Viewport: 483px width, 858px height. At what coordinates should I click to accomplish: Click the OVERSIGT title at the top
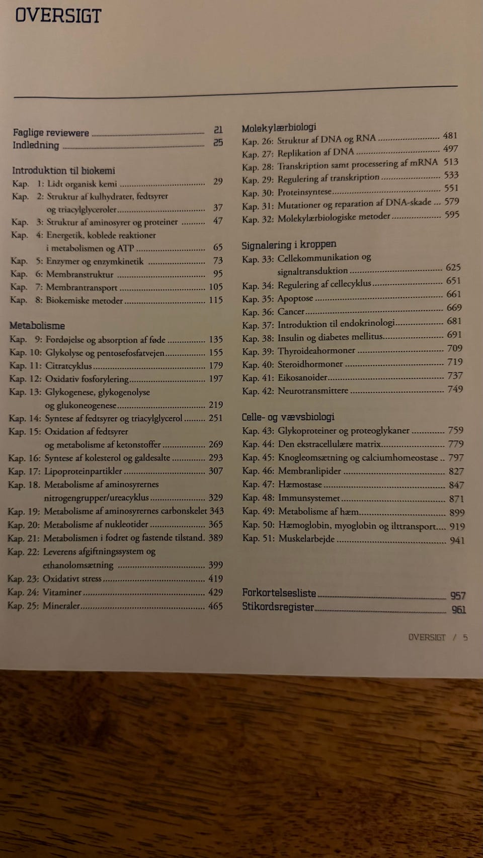pos(58,16)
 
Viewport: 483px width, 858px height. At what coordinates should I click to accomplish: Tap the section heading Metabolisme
pos(37,326)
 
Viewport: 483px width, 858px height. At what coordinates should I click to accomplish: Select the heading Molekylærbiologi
pos(279,127)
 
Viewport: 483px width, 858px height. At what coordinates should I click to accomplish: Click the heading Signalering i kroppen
pos(289,245)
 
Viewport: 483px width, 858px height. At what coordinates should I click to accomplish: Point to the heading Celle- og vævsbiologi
pos(288,417)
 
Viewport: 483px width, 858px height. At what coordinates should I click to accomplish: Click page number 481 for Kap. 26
pos(450,135)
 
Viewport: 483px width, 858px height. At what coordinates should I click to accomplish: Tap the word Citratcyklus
pos(68,366)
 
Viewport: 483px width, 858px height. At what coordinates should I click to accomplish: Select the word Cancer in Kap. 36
pos(291,312)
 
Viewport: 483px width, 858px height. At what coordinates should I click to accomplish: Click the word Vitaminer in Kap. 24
pos(62,592)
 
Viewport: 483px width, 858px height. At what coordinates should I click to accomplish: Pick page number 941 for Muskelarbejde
pos(457,540)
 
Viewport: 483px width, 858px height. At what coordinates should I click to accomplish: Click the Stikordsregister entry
pos(278,607)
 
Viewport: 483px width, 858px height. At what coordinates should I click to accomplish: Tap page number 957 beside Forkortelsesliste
pos(458,596)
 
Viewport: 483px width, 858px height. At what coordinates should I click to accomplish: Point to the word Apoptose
pos(295,298)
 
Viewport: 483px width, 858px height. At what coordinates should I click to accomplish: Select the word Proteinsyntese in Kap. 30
pos(304,192)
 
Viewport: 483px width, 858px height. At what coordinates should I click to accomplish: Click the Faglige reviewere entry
pos(51,133)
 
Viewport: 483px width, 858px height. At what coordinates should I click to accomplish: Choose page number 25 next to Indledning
pos(218,143)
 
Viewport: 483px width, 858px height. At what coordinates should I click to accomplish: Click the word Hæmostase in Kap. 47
pos(300,485)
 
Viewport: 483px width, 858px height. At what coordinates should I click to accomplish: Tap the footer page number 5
pos(465,637)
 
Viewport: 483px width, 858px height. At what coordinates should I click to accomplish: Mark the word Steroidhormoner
pos(310,364)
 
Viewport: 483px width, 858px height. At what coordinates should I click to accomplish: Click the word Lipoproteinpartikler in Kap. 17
pos(83,471)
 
